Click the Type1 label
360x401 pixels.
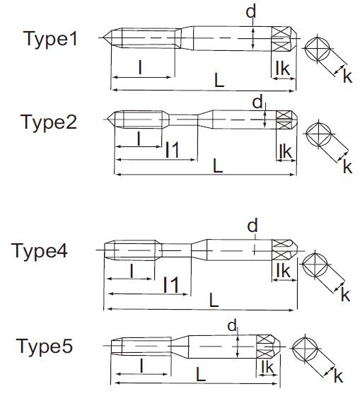(x=50, y=39)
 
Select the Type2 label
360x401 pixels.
(x=49, y=122)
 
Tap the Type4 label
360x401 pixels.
(x=40, y=251)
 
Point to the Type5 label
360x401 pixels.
(x=45, y=346)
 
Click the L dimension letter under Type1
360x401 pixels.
(x=219, y=81)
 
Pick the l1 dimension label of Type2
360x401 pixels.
(x=172, y=150)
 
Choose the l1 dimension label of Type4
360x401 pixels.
(x=170, y=284)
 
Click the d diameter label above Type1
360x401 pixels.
(x=250, y=12)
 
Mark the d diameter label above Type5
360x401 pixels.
(x=232, y=326)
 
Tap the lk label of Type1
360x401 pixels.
(x=283, y=69)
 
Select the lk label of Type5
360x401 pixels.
(x=267, y=367)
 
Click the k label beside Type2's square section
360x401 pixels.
(x=347, y=166)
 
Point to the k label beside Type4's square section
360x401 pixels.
(x=345, y=295)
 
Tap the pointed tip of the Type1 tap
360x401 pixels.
(x=103, y=38)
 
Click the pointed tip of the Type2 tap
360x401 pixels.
(x=108, y=120)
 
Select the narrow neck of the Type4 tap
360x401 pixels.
(x=176, y=250)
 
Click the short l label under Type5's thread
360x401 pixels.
(x=141, y=366)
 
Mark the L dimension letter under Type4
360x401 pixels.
(x=214, y=300)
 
